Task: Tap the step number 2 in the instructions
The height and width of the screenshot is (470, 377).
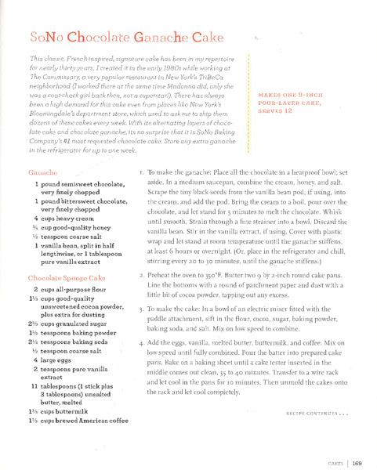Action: tap(140, 276)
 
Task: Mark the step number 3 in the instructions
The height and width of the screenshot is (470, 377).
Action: tap(140, 309)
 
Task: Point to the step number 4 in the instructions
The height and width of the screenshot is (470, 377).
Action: tap(140, 343)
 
